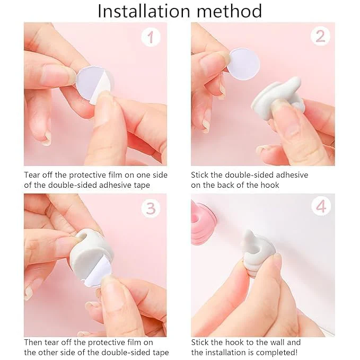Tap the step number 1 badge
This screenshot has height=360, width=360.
tap(151, 37)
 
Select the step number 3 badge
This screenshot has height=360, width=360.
tap(151, 208)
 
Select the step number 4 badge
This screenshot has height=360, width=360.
tap(320, 207)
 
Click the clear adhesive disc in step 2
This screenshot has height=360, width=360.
tap(243, 63)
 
